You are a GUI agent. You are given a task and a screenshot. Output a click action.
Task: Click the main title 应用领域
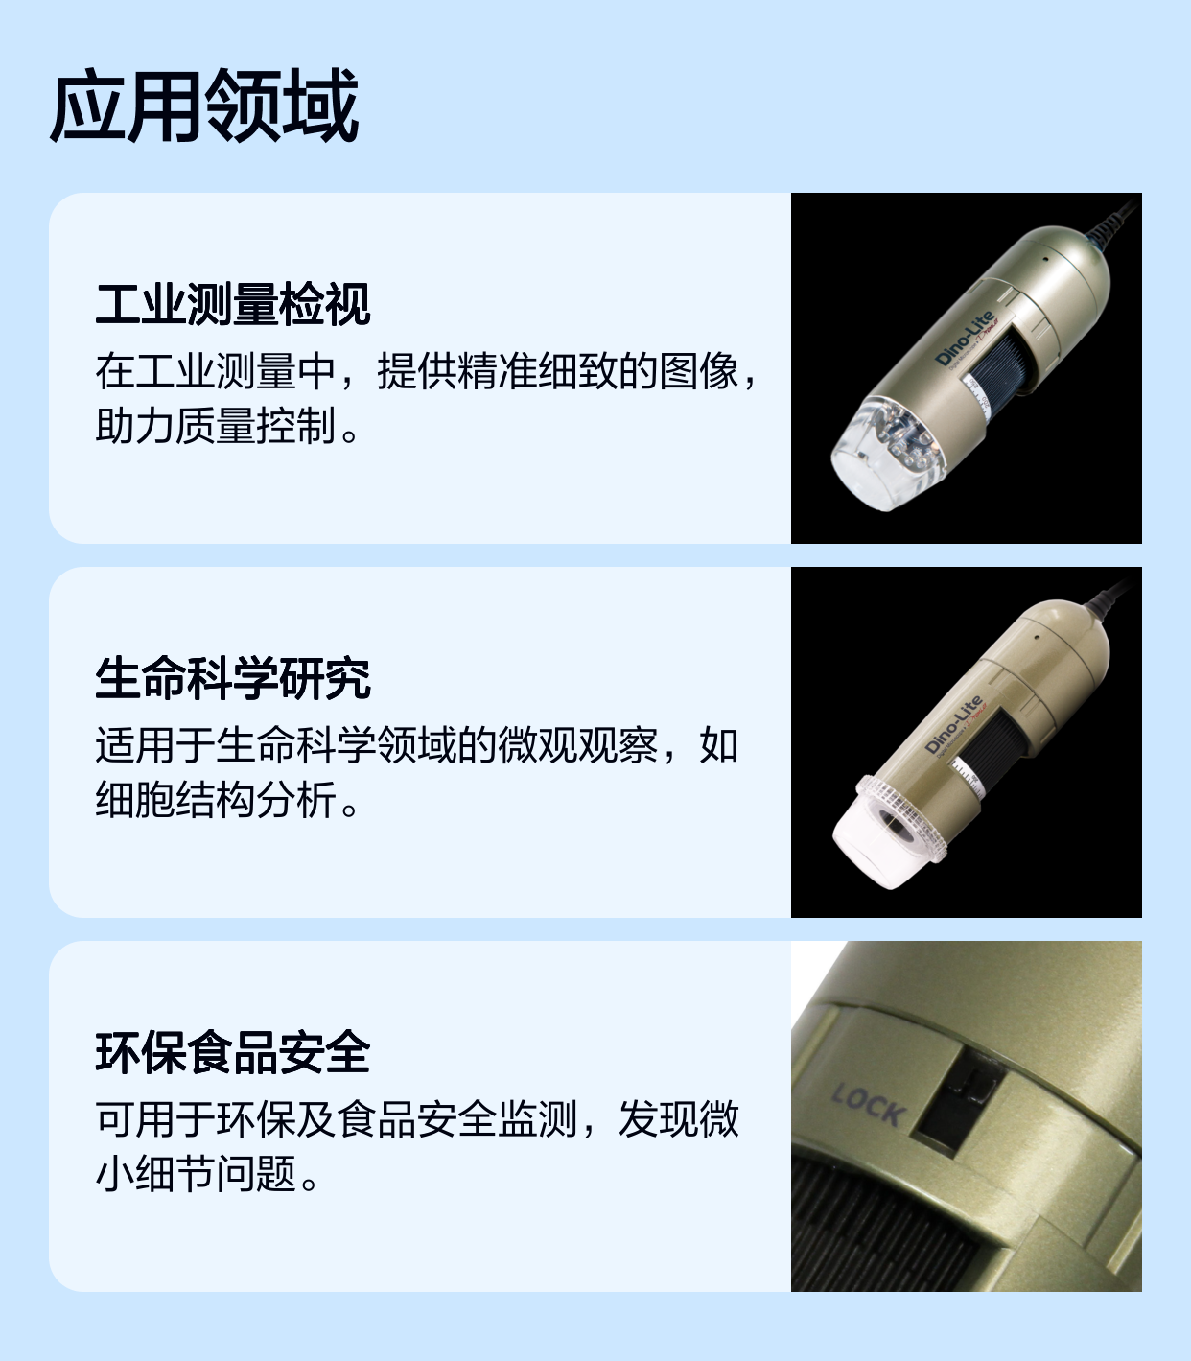[204, 106]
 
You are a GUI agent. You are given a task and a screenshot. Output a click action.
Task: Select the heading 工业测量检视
[233, 305]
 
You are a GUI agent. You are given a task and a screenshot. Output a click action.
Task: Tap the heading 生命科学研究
[233, 678]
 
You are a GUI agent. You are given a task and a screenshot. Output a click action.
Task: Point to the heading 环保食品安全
[233, 1052]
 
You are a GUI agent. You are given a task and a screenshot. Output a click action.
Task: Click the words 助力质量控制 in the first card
[216, 426]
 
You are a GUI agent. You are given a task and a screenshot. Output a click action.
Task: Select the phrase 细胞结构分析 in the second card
[216, 800]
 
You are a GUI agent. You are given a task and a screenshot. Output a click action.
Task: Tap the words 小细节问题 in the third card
[197, 1173]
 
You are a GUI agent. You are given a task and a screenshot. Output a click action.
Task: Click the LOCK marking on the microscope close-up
[869, 1105]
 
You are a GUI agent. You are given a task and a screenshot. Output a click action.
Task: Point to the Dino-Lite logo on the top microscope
[964, 338]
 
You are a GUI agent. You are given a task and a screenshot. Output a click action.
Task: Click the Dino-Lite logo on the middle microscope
[953, 724]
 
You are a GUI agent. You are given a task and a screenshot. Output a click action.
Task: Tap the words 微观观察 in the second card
[578, 745]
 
